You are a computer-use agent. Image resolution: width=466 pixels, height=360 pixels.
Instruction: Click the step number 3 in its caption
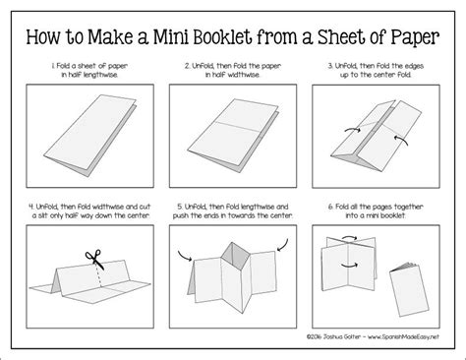(x=333, y=66)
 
